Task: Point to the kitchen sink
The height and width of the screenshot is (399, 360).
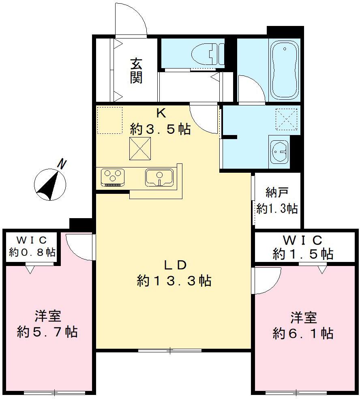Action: tap(160, 177)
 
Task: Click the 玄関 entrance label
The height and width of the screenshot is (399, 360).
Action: tap(136, 71)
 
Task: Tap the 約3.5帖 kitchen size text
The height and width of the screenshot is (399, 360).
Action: tap(160, 129)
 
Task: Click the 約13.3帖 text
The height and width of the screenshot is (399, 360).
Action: tap(174, 281)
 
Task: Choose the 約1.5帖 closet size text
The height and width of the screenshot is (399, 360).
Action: tap(303, 254)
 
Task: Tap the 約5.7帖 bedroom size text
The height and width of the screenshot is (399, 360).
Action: tap(47, 332)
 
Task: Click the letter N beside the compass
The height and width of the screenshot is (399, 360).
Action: tap(62, 164)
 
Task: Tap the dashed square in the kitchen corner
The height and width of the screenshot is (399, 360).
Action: tap(109, 120)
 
